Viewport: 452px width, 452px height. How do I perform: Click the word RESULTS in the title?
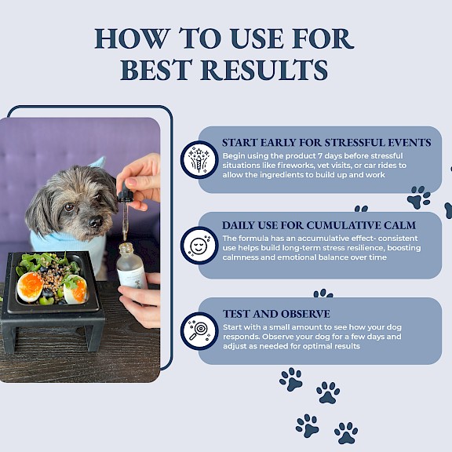264,70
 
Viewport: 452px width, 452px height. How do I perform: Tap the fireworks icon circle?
199,160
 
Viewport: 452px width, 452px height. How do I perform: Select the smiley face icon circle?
199,246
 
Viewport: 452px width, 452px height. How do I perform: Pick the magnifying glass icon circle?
199,331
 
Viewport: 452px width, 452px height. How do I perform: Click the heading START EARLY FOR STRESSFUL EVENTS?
326,143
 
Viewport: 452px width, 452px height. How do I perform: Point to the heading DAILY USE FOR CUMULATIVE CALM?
319,225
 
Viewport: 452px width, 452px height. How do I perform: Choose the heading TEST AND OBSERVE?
276,314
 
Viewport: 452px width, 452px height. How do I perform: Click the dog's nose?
96,221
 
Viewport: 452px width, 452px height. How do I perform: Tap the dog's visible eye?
69,206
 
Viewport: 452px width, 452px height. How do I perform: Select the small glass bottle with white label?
132,266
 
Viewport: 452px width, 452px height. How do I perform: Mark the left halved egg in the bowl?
31,287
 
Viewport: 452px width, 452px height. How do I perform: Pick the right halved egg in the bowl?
75,290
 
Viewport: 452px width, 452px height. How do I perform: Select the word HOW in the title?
132,39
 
